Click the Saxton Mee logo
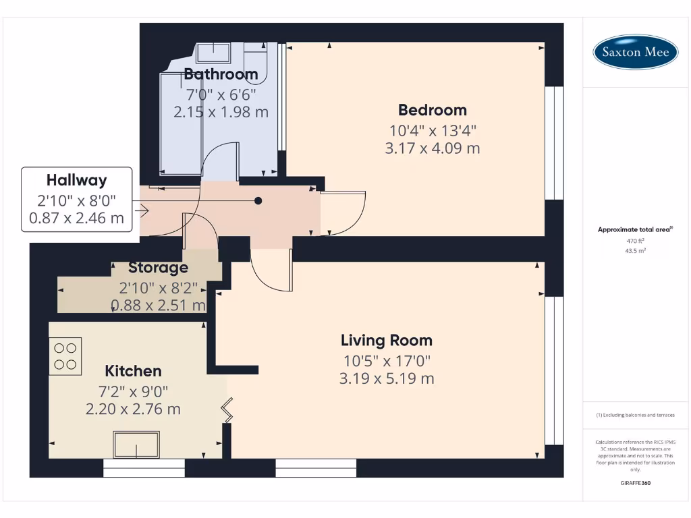click(x=635, y=53)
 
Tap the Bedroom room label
click(x=432, y=110)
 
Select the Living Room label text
click(x=386, y=340)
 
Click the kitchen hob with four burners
click(x=65, y=356)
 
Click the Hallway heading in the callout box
click(x=76, y=180)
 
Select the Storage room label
click(x=158, y=268)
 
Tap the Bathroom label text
click(x=221, y=74)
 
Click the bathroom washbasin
click(x=213, y=52)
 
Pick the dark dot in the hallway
click(x=258, y=201)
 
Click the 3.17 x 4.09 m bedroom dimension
click(x=432, y=148)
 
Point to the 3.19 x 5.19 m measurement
click(x=386, y=378)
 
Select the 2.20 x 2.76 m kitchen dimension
click(x=133, y=409)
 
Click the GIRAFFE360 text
click(x=635, y=483)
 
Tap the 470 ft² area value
click(x=635, y=241)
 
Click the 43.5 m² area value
click(x=635, y=250)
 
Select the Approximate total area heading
click(x=634, y=230)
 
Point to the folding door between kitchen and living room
click(x=228, y=410)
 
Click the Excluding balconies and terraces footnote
click(x=635, y=415)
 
